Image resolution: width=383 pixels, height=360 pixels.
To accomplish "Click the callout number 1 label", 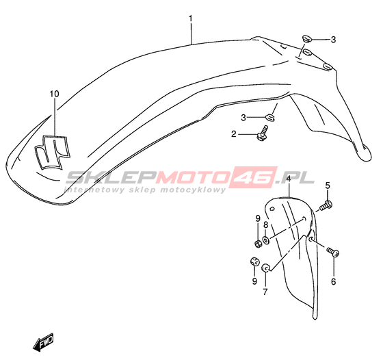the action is coord(191,18).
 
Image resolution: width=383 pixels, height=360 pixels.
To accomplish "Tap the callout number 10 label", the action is coord(54,94).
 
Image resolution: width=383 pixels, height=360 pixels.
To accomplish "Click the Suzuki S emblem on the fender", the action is coord(52,151).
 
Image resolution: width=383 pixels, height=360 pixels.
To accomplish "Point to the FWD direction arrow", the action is coord(43,342).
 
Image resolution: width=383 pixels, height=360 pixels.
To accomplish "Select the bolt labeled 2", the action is coord(262,133).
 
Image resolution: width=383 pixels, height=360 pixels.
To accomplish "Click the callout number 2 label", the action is coord(234,134).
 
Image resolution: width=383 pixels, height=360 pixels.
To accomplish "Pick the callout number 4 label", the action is coord(289,179).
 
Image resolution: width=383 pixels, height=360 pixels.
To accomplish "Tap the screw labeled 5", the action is coord(326,205).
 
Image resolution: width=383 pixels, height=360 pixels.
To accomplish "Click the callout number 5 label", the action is coord(328,185).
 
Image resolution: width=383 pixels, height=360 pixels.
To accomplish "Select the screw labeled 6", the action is coord(332,252).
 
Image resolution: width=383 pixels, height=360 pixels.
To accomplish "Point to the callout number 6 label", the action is coord(334,281).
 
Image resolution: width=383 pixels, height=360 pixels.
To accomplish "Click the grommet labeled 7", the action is coord(265,268).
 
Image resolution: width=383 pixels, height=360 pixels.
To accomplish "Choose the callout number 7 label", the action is coord(265,292).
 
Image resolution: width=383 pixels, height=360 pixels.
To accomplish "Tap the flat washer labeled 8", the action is coord(266,240).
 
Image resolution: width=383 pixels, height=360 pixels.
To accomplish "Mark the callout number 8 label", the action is coord(266,224).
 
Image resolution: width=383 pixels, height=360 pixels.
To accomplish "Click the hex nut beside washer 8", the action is coord(259,244).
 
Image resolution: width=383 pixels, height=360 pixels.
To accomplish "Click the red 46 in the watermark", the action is coord(252,177).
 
